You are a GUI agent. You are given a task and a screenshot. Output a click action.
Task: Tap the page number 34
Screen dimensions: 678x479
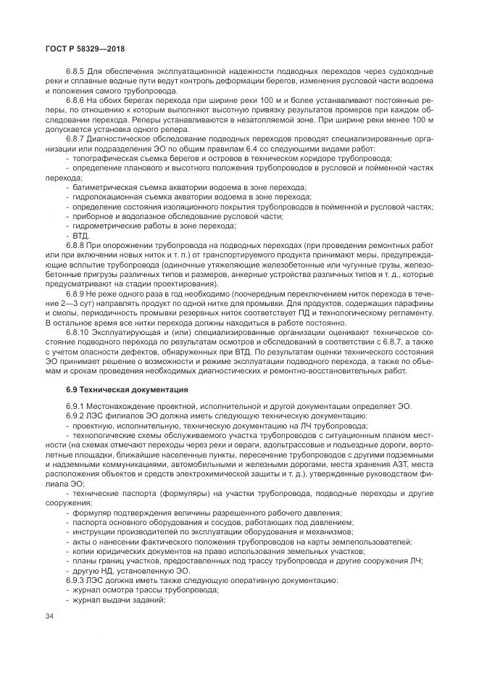[50, 616]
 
